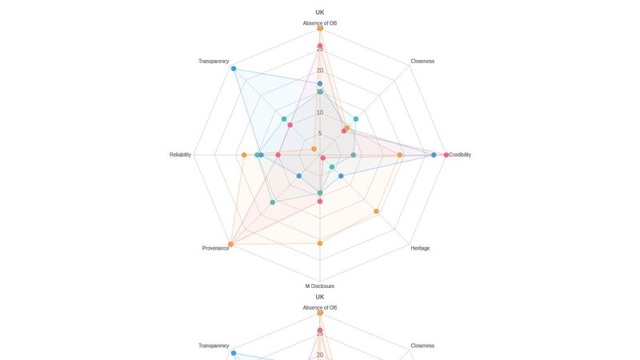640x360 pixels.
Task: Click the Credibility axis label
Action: coord(460,154)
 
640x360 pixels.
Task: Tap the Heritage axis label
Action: coord(420,248)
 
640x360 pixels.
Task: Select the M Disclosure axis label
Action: coord(320,286)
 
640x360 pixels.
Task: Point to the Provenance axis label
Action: coord(215,248)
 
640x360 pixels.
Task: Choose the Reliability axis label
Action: coord(180,154)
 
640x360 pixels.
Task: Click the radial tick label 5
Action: coord(320,134)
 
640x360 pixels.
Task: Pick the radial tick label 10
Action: coord(320,113)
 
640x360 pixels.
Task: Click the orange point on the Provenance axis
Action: coord(230,244)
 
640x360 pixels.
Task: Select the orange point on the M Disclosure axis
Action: coord(320,243)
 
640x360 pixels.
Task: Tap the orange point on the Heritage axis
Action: coord(377,211)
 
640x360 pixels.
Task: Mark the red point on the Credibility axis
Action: coord(446,154)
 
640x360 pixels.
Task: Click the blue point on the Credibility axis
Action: coord(434,154)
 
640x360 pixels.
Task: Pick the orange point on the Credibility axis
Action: coord(400,154)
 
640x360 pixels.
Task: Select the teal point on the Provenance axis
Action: coord(273,202)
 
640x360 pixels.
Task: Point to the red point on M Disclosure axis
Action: coord(320,202)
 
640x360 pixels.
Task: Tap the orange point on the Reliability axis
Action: coord(244,154)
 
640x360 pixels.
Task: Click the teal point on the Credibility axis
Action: coord(354,154)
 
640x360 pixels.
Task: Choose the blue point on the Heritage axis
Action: coord(341,176)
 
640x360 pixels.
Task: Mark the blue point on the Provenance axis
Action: coord(299,176)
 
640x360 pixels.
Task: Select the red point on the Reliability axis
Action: coord(278,154)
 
